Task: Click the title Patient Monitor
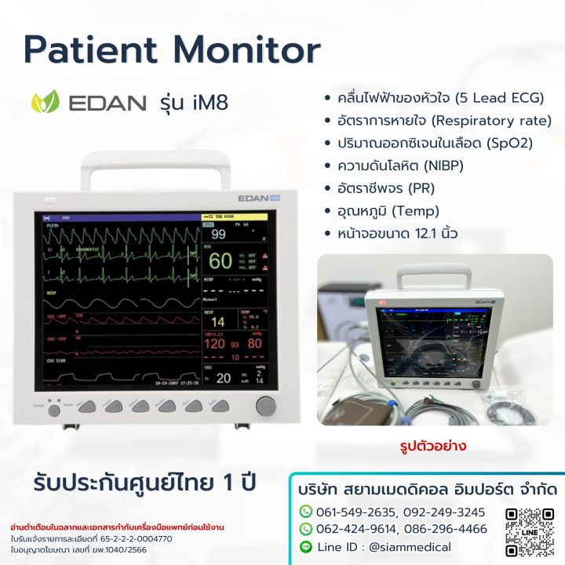tap(172, 50)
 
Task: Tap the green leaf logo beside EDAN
tap(44, 103)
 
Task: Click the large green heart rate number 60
tap(221, 261)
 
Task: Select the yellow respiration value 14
tap(218, 322)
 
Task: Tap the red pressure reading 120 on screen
tap(215, 343)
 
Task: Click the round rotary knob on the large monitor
tap(266, 406)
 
